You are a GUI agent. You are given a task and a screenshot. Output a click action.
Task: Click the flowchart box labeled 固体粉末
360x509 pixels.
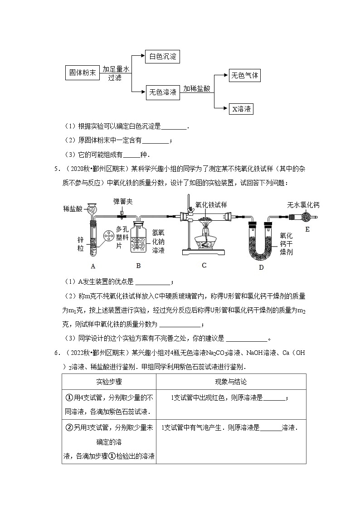click(x=83, y=73)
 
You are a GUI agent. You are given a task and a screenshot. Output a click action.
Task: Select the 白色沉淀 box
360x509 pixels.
click(x=162, y=57)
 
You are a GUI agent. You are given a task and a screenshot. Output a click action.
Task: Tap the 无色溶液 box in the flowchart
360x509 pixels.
click(x=162, y=92)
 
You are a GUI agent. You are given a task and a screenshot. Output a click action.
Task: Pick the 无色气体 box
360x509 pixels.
click(x=244, y=76)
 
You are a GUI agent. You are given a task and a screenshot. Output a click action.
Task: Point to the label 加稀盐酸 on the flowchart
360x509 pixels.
click(x=197, y=89)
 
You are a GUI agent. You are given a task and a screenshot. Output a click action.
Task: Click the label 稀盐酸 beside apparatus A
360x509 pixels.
click(x=73, y=209)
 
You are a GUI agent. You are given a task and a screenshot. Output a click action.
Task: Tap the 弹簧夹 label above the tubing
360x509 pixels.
click(x=122, y=200)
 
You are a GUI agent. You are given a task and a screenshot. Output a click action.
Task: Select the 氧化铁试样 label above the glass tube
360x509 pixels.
click(x=210, y=204)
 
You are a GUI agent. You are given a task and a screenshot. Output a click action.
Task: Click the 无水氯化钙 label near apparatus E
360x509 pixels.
click(x=303, y=205)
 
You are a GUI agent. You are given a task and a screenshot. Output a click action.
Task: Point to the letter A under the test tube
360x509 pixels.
click(x=93, y=266)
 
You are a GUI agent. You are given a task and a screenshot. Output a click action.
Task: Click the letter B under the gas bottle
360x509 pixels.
click(x=138, y=266)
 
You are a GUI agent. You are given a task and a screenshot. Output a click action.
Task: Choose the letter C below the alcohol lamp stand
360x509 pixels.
click(x=204, y=266)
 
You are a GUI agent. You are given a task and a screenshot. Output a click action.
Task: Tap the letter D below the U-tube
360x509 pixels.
click(x=261, y=267)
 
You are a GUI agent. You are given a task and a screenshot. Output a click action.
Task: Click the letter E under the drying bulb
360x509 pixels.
click(x=307, y=229)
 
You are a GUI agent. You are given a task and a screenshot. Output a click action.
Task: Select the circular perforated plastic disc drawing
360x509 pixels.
click(x=108, y=236)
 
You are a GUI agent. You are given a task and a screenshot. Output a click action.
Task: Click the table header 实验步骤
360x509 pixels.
click(x=108, y=382)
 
